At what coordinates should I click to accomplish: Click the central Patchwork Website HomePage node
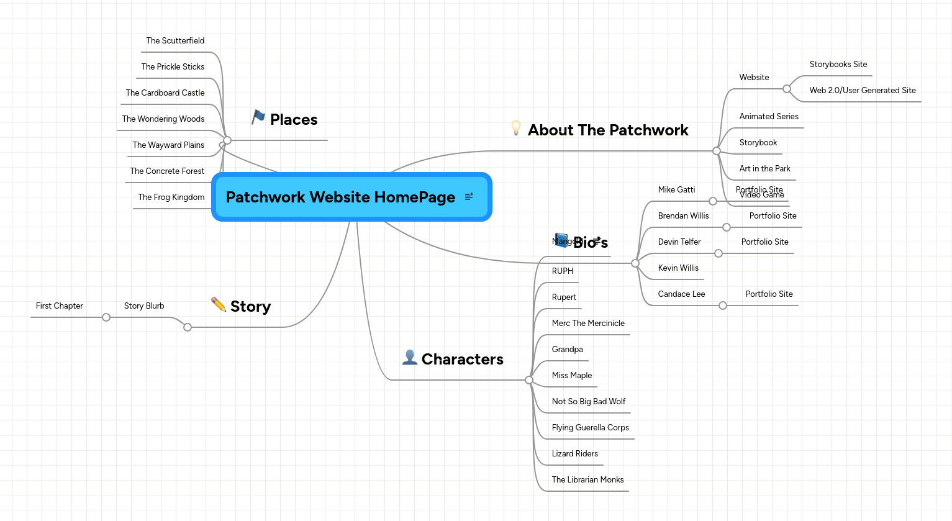click(x=340, y=197)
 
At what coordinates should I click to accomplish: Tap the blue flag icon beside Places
click(x=258, y=117)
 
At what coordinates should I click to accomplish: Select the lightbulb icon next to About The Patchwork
click(x=515, y=128)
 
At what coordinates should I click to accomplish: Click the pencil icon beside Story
click(x=219, y=304)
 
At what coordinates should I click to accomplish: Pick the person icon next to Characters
click(x=409, y=357)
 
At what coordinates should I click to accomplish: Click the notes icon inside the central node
click(x=469, y=196)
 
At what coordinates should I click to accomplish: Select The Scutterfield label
click(x=175, y=41)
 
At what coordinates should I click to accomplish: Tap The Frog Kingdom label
click(x=171, y=197)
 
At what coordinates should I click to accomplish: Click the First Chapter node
click(x=60, y=306)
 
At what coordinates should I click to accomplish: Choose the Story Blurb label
click(x=144, y=306)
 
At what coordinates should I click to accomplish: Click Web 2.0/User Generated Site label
click(x=863, y=91)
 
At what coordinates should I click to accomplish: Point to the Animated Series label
click(x=769, y=117)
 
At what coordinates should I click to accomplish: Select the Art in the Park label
click(x=764, y=169)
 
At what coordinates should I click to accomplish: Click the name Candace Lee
click(x=681, y=294)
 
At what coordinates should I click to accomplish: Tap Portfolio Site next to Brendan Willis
click(x=773, y=216)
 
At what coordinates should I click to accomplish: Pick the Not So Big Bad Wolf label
click(x=589, y=402)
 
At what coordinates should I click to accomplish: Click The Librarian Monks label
click(x=587, y=480)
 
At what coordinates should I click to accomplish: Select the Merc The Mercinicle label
click(x=588, y=324)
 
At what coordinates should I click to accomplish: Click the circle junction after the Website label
click(x=787, y=89)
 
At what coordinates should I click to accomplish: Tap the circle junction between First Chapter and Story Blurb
click(x=106, y=317)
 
